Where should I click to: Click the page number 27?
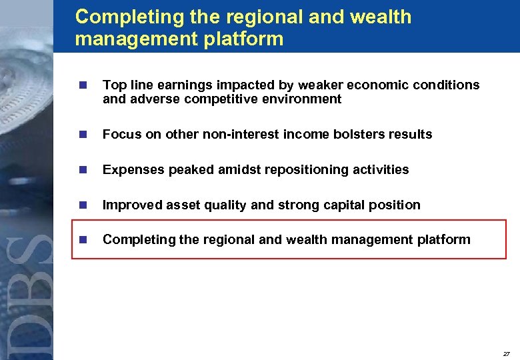pos(507,353)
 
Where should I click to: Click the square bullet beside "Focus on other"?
pos(83,135)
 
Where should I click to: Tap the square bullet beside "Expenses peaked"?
pos(83,170)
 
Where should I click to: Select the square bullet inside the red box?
pos(83,240)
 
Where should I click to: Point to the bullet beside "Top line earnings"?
pos(83,85)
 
